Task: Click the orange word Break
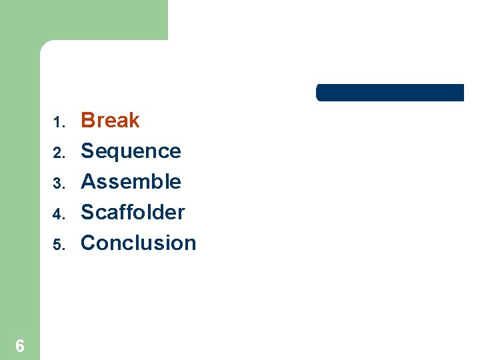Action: tap(110, 121)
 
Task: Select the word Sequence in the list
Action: tap(131, 151)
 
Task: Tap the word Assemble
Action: tap(131, 181)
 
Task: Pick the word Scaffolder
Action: tap(133, 212)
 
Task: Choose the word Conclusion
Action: tap(138, 243)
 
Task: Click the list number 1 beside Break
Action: tap(58, 123)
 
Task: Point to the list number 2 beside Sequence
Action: tap(58, 153)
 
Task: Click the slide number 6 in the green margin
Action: tap(20, 346)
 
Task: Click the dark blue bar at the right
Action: tap(389, 93)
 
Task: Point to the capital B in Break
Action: tap(87, 121)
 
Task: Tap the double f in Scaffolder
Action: tap(129, 212)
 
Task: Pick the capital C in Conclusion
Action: tap(88, 243)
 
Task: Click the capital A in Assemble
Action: tap(87, 181)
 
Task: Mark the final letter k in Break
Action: tap(134, 121)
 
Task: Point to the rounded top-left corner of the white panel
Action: tap(45, 45)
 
